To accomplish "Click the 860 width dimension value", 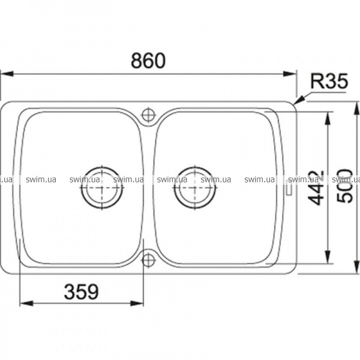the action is [x=148, y=61].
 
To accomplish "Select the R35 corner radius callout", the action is [x=329, y=81].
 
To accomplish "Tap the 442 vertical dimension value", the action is [x=316, y=187].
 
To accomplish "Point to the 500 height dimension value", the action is [x=344, y=186].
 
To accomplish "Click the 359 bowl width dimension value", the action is [x=82, y=292].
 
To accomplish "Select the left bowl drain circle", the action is [x=102, y=188].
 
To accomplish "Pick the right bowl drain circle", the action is [x=194, y=188].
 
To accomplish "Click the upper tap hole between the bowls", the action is [x=149, y=115].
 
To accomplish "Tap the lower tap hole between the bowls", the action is [x=149, y=260].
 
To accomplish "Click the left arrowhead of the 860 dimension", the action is [x=7, y=74].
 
